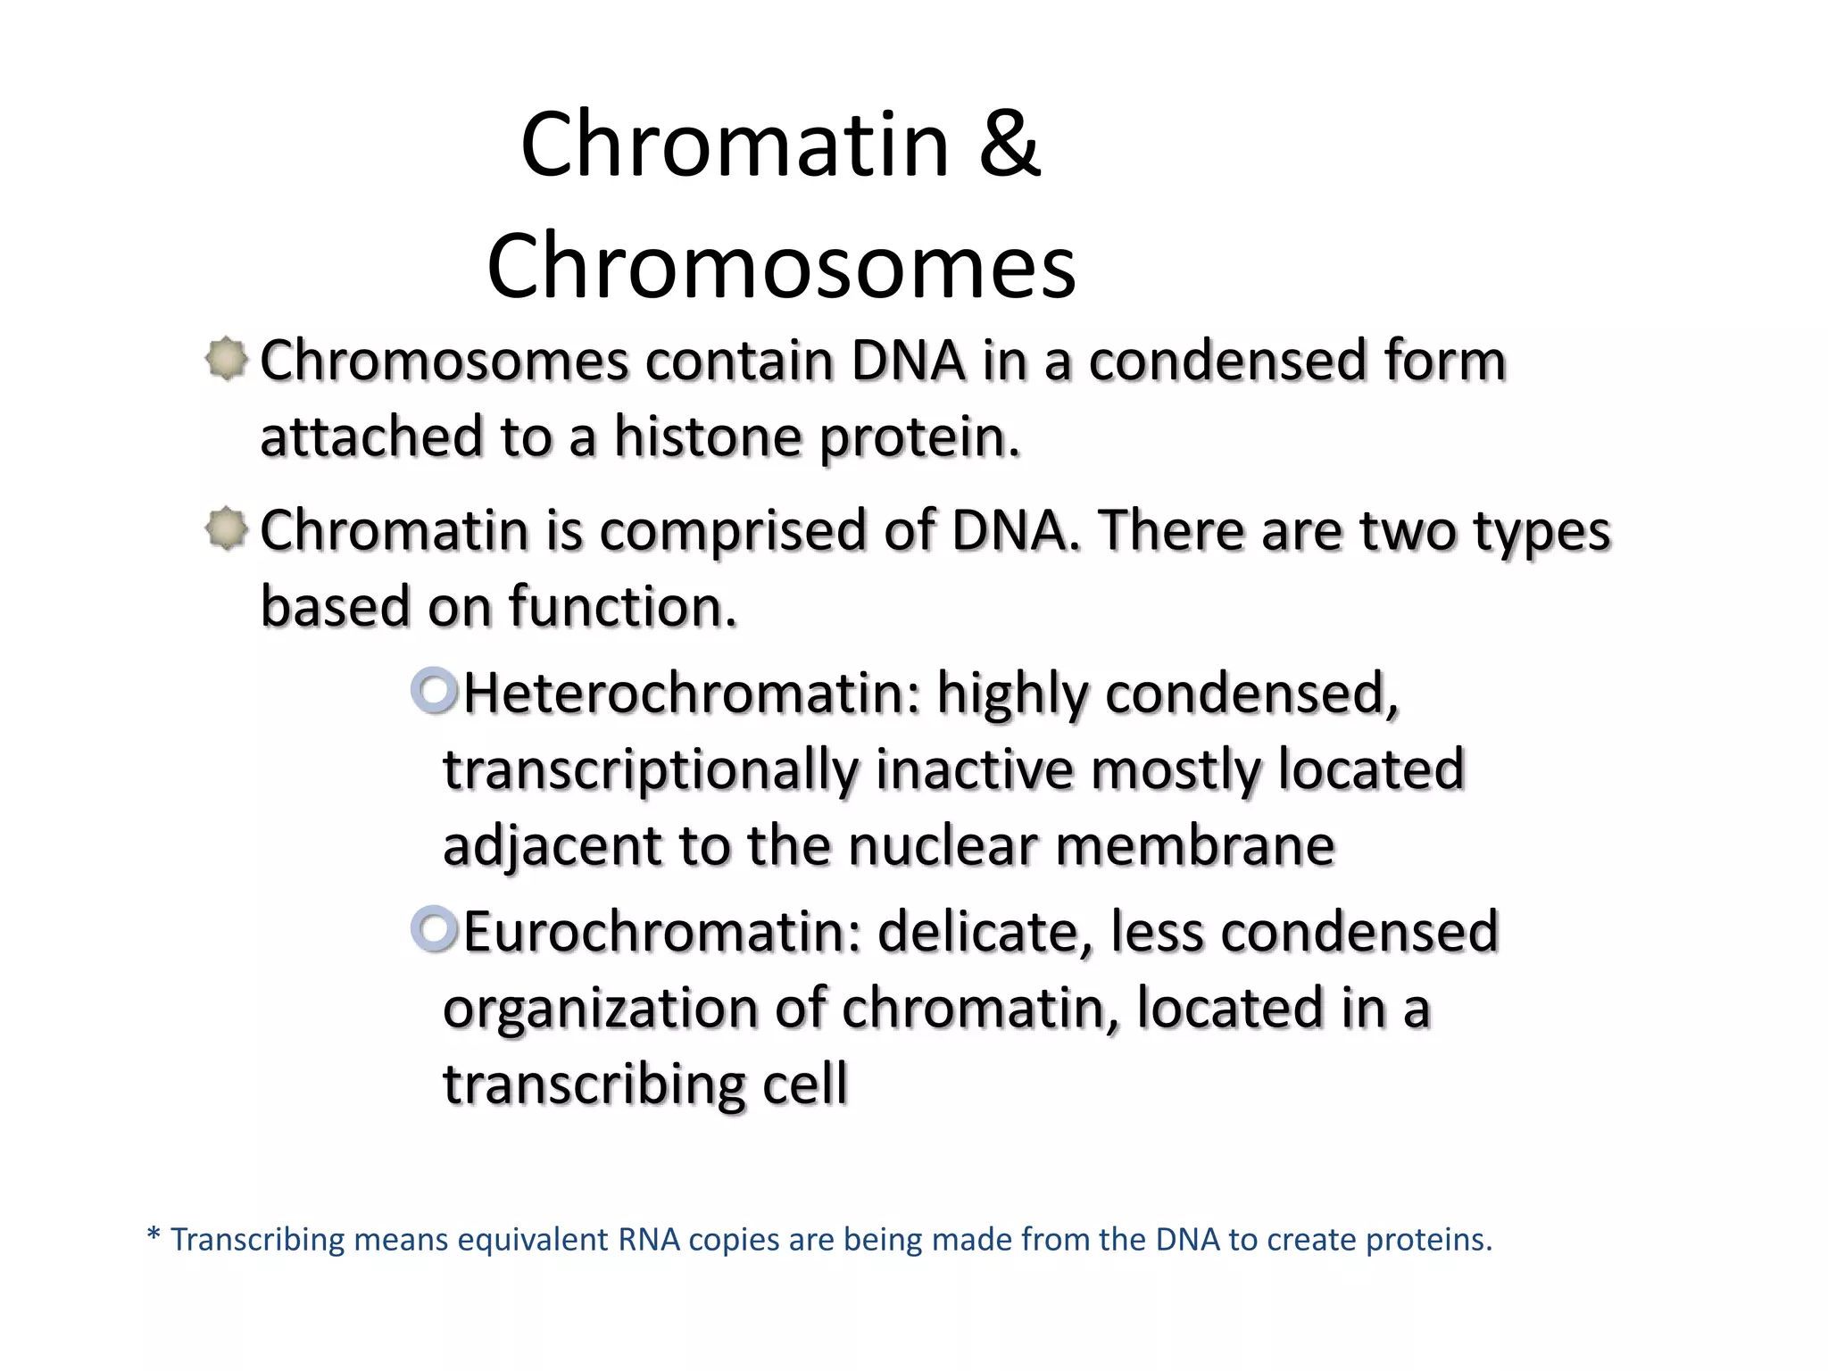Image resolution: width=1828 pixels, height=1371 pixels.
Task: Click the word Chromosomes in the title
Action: (x=781, y=266)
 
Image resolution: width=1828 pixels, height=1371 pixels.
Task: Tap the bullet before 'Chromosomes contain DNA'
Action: (x=227, y=359)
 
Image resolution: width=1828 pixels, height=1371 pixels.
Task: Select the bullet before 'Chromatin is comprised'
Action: (x=227, y=529)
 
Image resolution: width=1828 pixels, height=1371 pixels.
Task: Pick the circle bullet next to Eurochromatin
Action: (x=435, y=929)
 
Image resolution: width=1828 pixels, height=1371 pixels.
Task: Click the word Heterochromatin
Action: (x=691, y=694)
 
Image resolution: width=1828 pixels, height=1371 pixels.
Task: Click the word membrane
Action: (x=1195, y=845)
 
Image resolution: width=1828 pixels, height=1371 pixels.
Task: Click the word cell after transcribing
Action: (x=804, y=1084)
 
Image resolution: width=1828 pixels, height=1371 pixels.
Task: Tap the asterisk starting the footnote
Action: (x=154, y=1236)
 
